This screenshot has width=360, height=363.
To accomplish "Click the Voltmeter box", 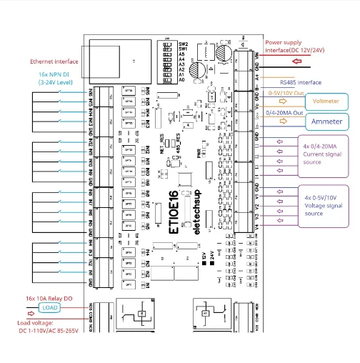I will point(326,101).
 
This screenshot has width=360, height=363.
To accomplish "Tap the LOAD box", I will point(49,307).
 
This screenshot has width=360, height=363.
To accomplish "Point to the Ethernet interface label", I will point(54,61).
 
